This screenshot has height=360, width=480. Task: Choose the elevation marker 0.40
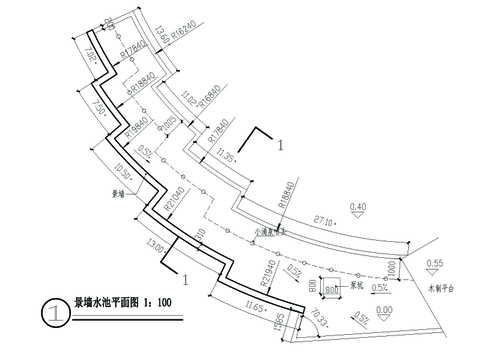[x=357, y=207]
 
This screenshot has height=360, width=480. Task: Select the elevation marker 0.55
[x=434, y=263]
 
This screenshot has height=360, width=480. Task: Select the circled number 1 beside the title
[x=52, y=311]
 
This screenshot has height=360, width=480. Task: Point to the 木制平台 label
[x=440, y=287]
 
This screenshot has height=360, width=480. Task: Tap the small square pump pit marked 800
[x=332, y=289]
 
